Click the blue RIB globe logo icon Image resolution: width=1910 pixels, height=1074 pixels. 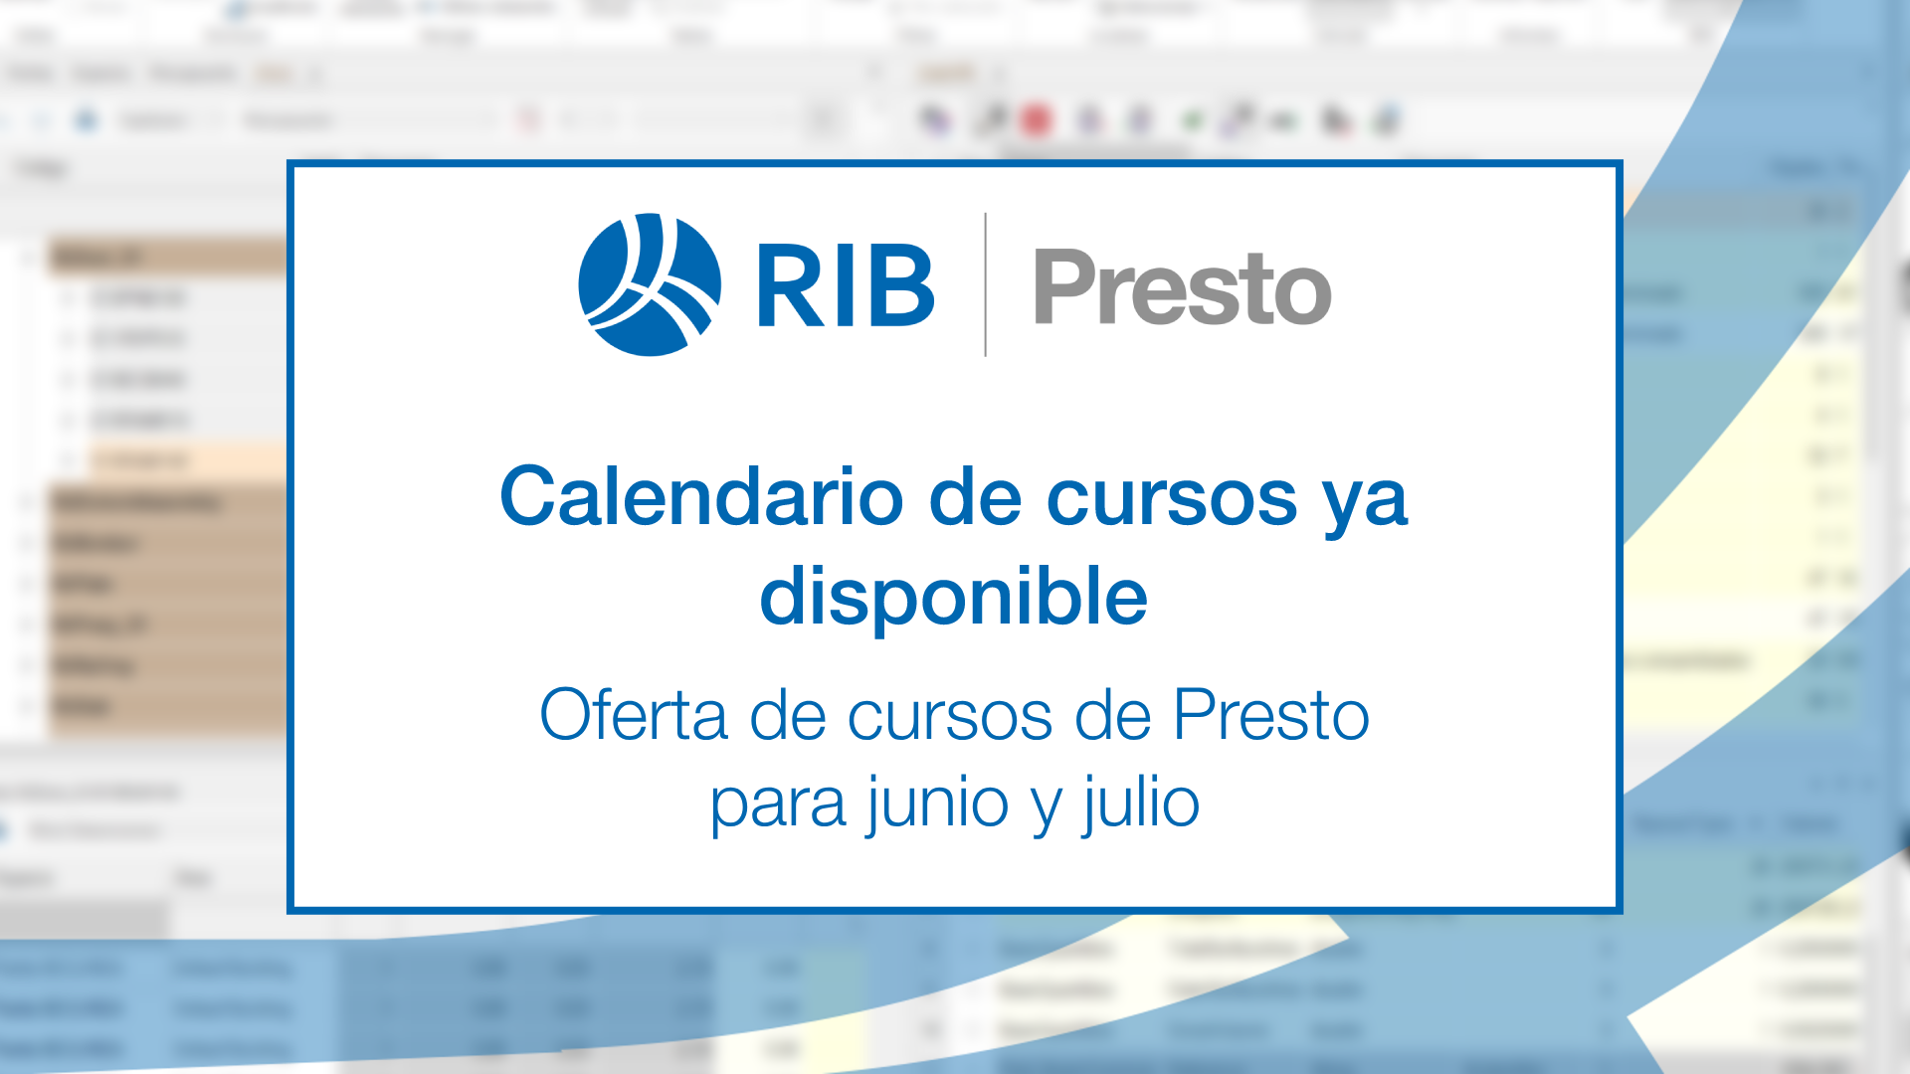(x=649, y=284)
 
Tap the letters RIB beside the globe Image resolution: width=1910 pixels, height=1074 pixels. (x=845, y=286)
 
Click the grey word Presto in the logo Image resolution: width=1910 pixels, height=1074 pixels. (x=1182, y=287)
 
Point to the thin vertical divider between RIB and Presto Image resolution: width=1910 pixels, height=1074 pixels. (x=985, y=284)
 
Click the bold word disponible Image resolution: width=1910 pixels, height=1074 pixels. (x=953, y=597)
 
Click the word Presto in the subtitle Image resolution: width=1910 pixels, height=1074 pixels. (x=1270, y=715)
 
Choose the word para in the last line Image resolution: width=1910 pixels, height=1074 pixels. (x=777, y=804)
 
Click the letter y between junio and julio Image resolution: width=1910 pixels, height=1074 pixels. (x=1046, y=807)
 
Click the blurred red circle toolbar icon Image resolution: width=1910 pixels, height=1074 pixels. (x=1037, y=121)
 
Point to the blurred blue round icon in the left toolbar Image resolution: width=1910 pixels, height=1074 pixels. (x=87, y=121)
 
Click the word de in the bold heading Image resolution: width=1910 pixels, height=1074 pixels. (x=975, y=496)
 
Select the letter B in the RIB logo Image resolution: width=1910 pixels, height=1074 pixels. (x=899, y=286)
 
